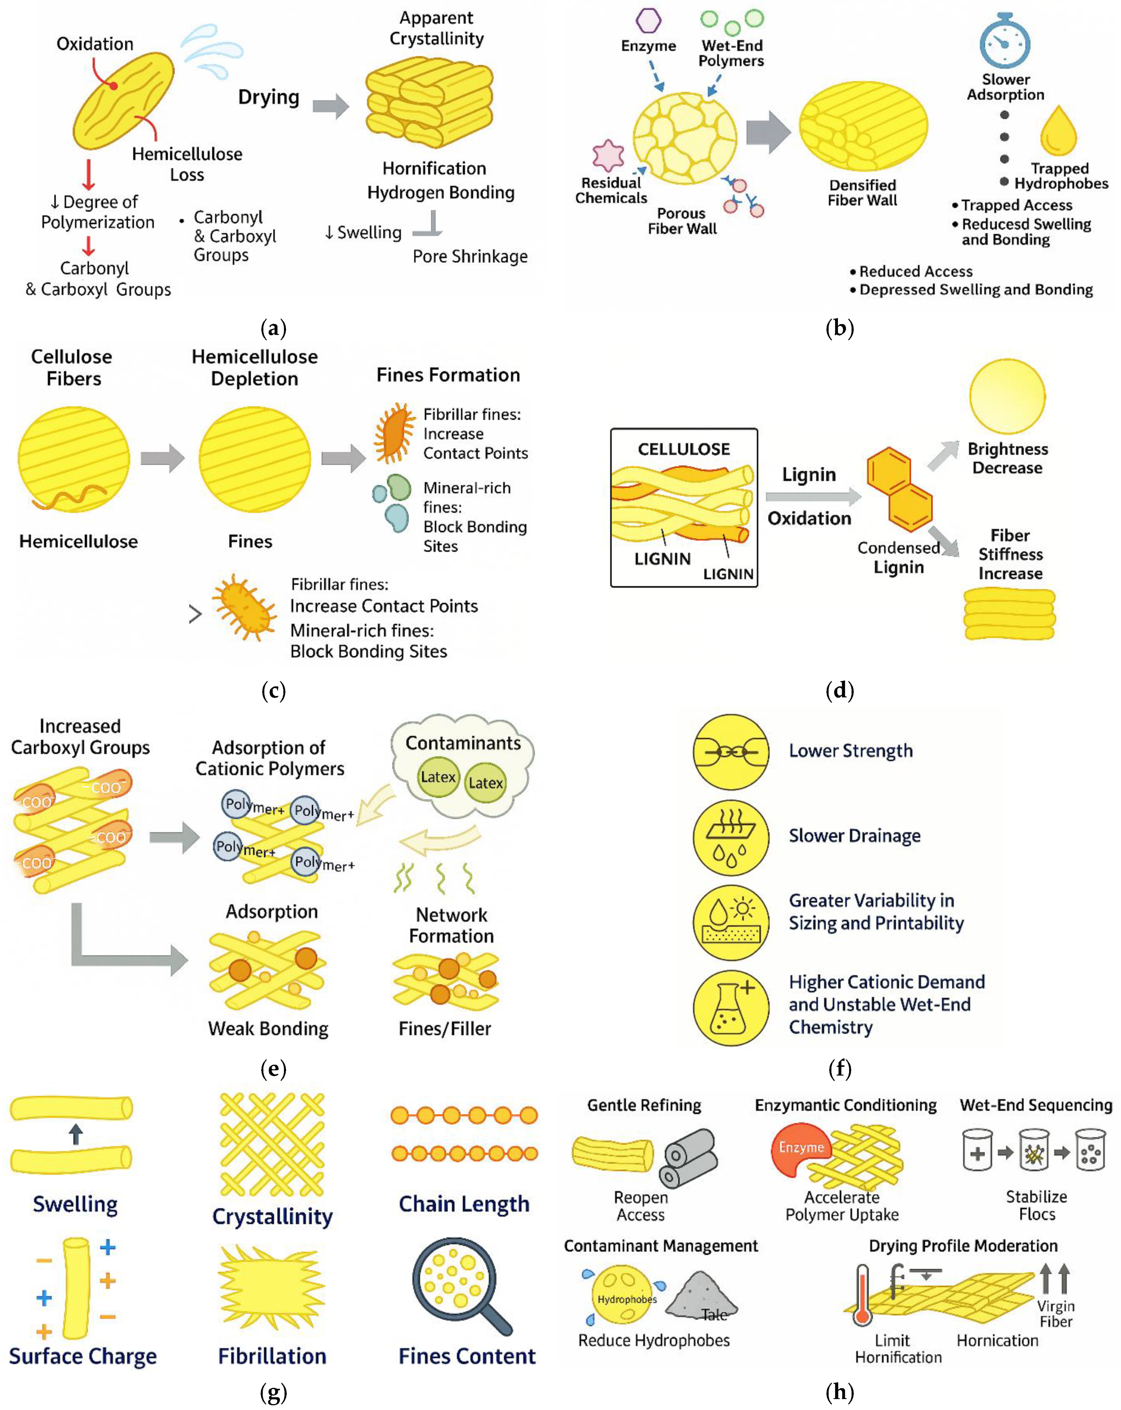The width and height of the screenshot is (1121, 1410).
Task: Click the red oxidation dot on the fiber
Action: click(114, 86)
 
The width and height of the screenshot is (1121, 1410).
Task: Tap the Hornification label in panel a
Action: click(434, 169)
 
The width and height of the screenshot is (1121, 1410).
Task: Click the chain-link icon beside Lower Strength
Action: click(730, 752)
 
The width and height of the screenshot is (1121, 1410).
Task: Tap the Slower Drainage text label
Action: click(854, 836)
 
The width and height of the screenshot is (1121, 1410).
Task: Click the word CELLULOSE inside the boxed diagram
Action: click(683, 449)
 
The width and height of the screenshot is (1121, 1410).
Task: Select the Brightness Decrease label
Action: click(1007, 458)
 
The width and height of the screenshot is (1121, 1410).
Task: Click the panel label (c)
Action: click(273, 690)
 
